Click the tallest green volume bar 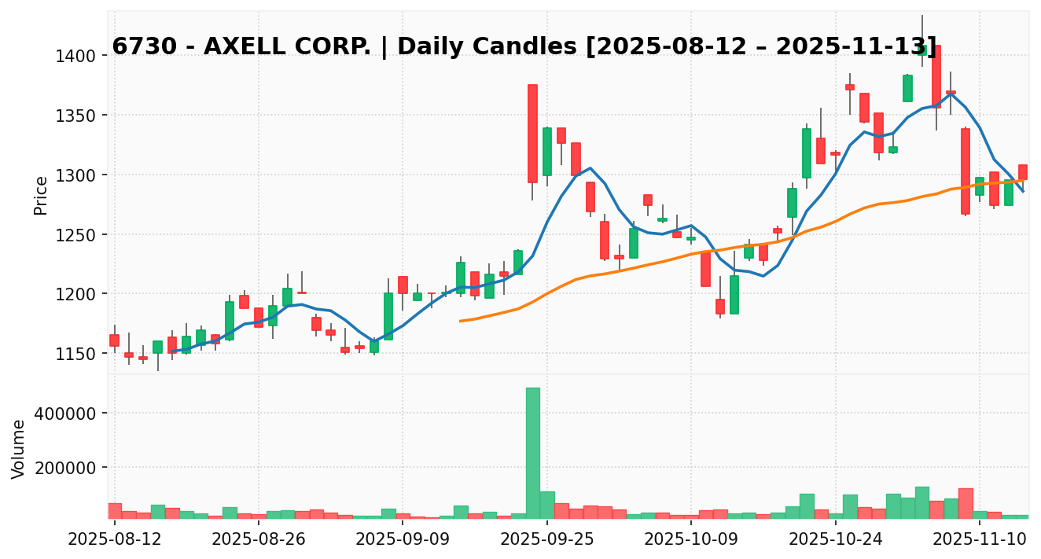click(x=532, y=453)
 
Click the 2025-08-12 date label click(x=115, y=541)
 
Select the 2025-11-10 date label click(x=980, y=541)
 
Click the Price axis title click(x=41, y=195)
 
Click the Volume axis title click(x=19, y=448)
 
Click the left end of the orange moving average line click(x=461, y=321)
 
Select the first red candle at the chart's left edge click(x=115, y=340)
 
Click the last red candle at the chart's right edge click(x=1023, y=171)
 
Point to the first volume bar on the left click(x=115, y=510)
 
